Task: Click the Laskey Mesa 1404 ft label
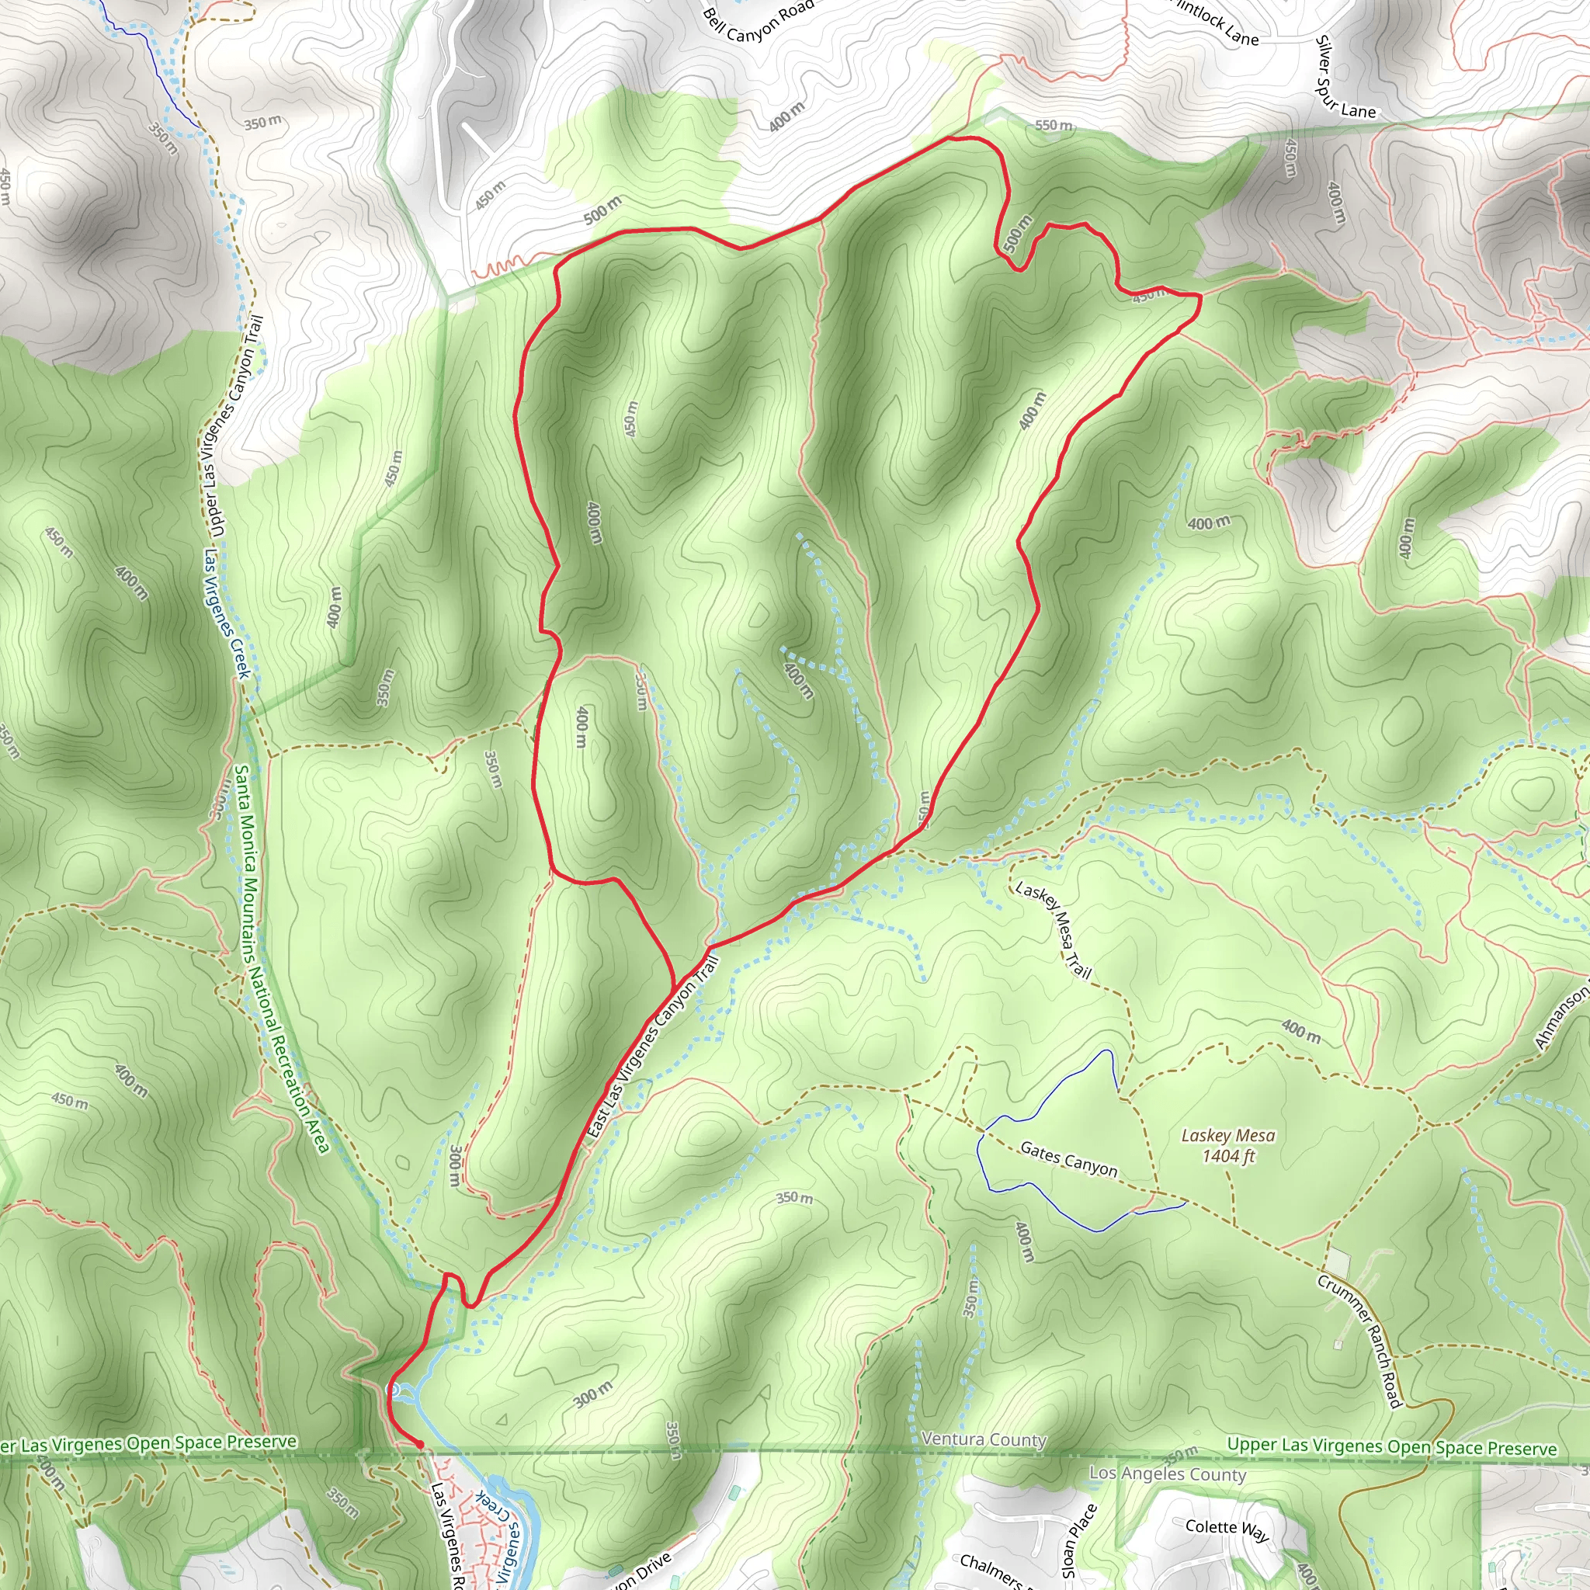[x=1228, y=1146]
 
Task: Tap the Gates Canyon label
[x=1068, y=1159]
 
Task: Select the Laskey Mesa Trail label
[x=1054, y=930]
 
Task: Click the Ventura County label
[x=984, y=1439]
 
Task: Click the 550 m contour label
[x=1054, y=125]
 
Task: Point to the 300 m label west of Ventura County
[x=592, y=1394]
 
